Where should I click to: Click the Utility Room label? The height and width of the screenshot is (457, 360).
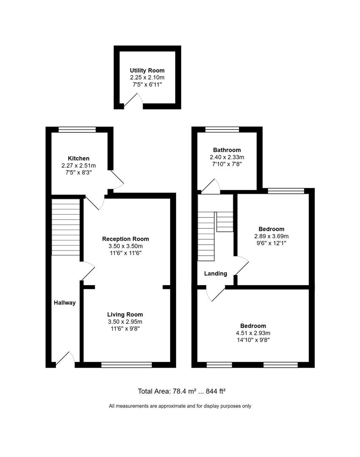point(147,70)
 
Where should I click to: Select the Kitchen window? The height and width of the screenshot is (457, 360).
point(77,130)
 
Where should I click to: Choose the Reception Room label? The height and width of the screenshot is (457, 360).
point(126,239)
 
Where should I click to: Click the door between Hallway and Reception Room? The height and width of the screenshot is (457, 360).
point(87,271)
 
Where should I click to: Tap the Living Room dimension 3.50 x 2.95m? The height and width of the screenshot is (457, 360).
point(125,322)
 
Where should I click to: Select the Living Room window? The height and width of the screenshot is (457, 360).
point(126,364)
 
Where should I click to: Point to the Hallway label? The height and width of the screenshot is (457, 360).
point(65,303)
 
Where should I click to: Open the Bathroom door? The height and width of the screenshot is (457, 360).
point(211,187)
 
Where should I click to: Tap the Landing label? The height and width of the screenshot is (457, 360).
point(216,273)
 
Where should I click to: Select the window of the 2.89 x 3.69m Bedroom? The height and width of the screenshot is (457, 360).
point(286,191)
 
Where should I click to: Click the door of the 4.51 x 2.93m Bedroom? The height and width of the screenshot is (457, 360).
point(216,293)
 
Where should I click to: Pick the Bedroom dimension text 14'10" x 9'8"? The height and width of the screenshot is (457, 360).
point(253,339)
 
